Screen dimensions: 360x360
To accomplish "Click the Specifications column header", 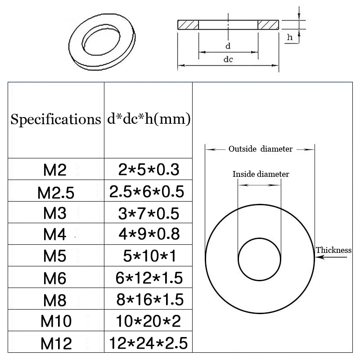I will (55, 120).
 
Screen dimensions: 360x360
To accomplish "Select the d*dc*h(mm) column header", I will (148, 120).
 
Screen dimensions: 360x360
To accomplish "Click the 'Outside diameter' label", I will (260, 149).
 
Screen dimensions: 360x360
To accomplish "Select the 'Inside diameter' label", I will (261, 174).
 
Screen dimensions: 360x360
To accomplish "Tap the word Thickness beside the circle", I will (333, 250).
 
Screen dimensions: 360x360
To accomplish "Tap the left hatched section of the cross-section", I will (189, 24).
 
